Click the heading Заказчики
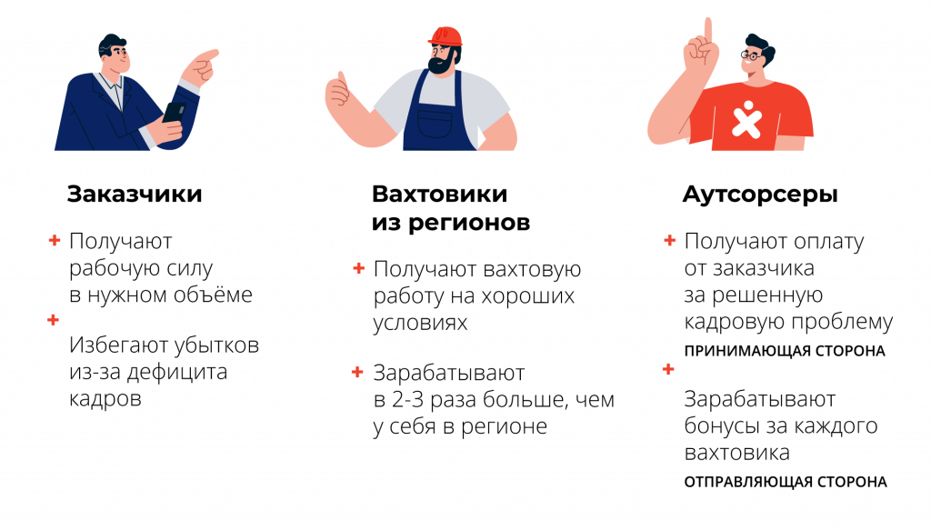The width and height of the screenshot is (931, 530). point(135,194)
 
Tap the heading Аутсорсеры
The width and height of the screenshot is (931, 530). point(760,195)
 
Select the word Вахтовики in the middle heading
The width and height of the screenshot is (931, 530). point(439,194)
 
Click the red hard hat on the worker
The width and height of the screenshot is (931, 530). point(445,36)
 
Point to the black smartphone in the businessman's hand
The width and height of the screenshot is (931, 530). point(174,113)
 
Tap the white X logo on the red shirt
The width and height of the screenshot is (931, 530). point(746,119)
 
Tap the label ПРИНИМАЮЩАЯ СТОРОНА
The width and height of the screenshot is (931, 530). point(785,351)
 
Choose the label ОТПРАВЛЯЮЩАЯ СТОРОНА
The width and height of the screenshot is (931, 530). point(786,482)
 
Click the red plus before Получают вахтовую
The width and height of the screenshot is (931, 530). point(358,268)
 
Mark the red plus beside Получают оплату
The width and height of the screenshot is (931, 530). point(670,240)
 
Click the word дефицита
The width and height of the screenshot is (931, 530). point(177,372)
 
